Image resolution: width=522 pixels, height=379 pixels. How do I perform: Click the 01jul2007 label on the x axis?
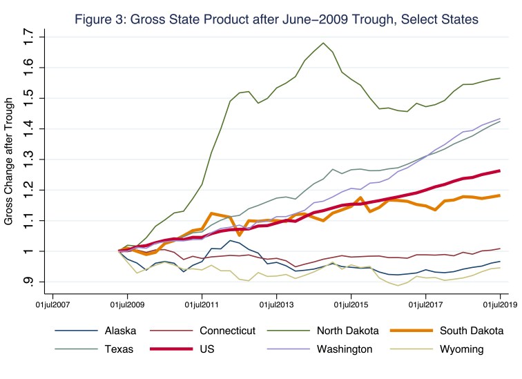(x=53, y=303)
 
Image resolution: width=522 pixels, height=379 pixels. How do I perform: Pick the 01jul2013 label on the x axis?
(x=276, y=303)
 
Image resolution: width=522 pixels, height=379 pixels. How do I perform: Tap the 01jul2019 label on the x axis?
(x=500, y=303)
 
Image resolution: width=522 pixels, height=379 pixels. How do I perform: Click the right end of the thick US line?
(x=500, y=171)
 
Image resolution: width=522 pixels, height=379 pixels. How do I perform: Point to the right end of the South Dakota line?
(x=500, y=195)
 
